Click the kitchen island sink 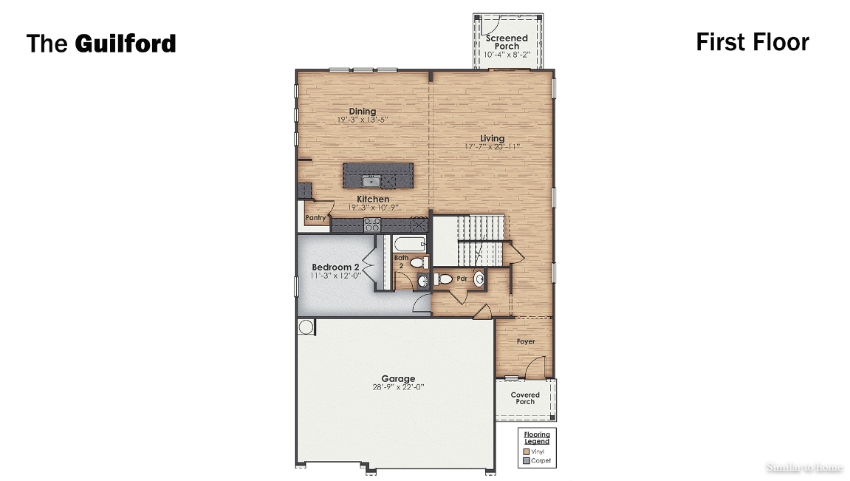point(371,180)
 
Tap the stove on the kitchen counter point(371,225)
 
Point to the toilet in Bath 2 point(418,262)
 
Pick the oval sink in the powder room point(479,279)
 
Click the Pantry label point(316,218)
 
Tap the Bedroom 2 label point(335,267)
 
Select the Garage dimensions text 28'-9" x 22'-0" point(398,387)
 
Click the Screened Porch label point(507,41)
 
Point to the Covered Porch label point(525,398)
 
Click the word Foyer point(526,341)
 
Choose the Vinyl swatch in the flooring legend point(526,451)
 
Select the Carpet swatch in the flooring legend point(526,460)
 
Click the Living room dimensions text point(492,147)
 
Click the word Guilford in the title point(125,44)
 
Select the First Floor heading point(752,42)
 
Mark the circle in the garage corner point(306,327)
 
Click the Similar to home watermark point(803,467)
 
